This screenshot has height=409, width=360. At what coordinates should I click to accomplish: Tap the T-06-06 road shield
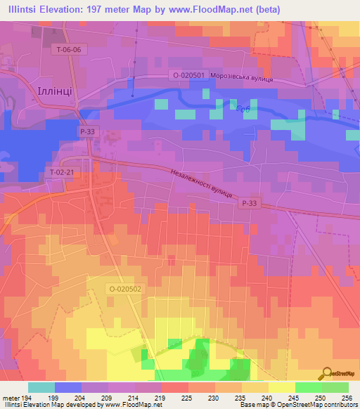69,49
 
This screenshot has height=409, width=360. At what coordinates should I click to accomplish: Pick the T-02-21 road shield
63,172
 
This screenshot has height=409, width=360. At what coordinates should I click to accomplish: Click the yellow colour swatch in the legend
281,387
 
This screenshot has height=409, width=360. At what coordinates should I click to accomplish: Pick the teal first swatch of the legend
41,387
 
